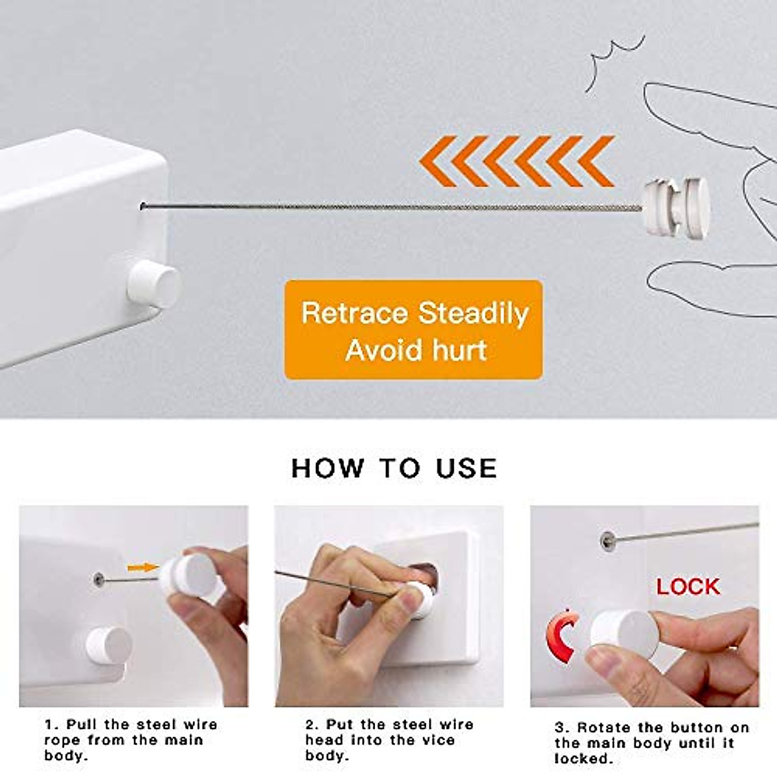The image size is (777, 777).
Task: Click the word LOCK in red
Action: pyautogui.click(x=688, y=587)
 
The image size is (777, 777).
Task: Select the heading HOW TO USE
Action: pyautogui.click(x=394, y=468)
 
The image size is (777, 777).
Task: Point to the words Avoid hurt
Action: pyautogui.click(x=416, y=350)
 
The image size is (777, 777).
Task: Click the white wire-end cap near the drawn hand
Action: pyautogui.click(x=676, y=207)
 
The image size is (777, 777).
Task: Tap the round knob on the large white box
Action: pyautogui.click(x=153, y=284)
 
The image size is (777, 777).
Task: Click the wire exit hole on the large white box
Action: pyautogui.click(x=142, y=207)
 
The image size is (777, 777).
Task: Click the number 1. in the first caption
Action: pyautogui.click(x=52, y=724)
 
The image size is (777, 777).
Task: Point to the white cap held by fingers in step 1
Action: pyautogui.click(x=189, y=575)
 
